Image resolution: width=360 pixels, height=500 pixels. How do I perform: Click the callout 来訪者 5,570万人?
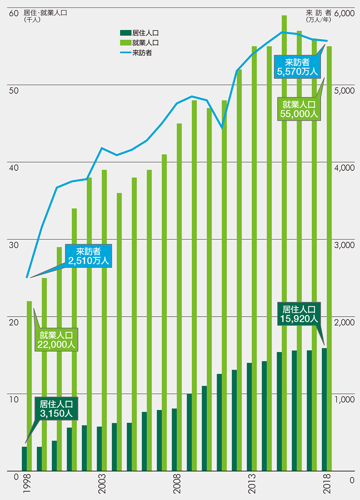[x=297, y=67]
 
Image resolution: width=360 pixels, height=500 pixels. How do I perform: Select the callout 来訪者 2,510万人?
[x=88, y=256]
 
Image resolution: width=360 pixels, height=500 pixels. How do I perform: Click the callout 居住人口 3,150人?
[x=56, y=409]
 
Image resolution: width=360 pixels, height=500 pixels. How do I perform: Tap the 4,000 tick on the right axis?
[x=344, y=167]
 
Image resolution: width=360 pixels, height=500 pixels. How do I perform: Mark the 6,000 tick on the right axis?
[x=344, y=13]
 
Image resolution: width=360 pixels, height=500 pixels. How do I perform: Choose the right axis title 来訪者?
[x=318, y=12]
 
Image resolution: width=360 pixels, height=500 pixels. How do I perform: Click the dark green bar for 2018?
[x=324, y=410]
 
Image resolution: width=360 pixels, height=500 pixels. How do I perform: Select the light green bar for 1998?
[x=29, y=386]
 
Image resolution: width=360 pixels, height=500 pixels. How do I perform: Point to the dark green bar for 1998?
[x=24, y=459]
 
